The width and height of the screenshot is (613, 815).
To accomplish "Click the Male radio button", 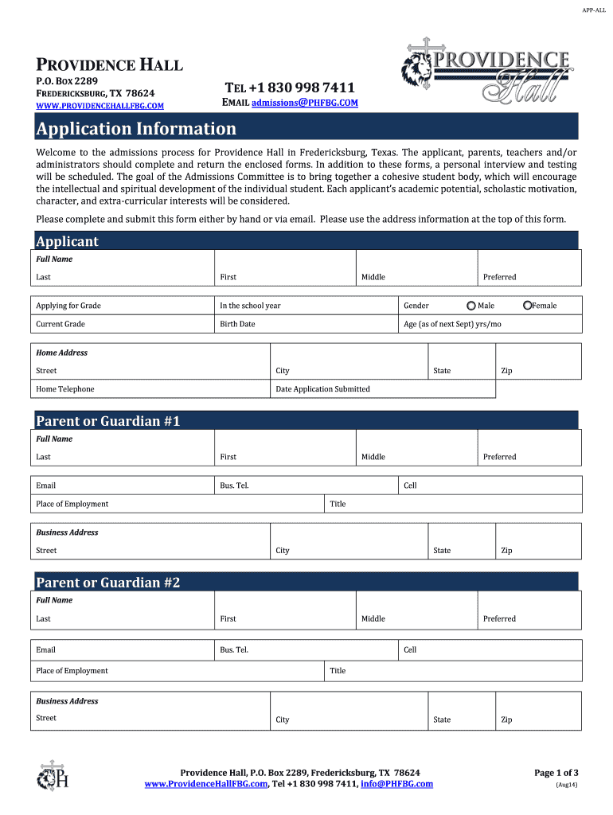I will coord(471,306).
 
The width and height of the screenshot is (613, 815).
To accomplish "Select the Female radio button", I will coord(527,306).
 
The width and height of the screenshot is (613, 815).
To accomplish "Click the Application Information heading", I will coord(136,129).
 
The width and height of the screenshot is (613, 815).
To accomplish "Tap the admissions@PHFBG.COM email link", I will coord(305,103).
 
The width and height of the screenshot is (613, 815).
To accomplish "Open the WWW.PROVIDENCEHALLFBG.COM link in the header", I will coord(100,106).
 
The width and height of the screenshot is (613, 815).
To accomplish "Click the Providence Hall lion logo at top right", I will coord(486,72).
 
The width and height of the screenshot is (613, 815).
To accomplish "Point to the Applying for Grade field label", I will coord(68,306).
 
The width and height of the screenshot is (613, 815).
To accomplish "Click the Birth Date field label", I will coord(237,324).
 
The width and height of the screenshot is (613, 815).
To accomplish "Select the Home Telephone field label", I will coord(64,389).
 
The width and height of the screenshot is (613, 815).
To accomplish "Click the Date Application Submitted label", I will coord(322,389).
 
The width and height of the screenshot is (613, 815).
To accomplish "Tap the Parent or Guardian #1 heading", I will coord(108,421).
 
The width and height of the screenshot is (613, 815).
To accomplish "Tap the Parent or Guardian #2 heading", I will coord(108,583).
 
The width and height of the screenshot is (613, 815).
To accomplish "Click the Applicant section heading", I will coord(68,241).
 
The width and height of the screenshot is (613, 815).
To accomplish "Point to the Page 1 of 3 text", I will coord(556,773).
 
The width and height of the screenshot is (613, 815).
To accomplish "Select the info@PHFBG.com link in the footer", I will coord(396,784).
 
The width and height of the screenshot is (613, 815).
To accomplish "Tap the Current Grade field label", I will coord(61,324).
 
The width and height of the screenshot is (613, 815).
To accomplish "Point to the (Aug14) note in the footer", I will coord(566,785).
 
